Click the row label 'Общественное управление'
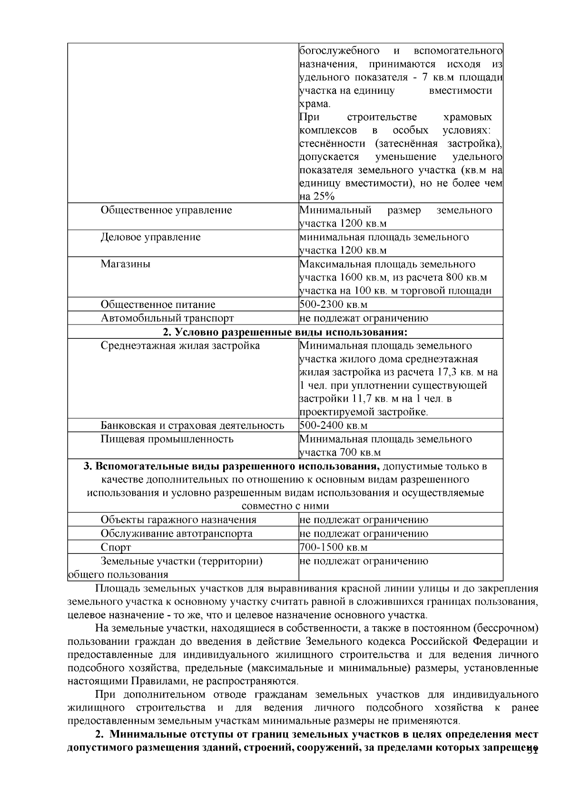coord(166,210)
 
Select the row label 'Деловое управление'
coord(150,237)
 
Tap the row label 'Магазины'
coord(125,265)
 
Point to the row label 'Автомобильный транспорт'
coord(167,318)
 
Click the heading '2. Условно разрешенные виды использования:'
coord(285,332)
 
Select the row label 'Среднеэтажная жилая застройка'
coord(180,345)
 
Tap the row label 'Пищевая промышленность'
coord(167,439)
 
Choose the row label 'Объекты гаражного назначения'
coord(178,520)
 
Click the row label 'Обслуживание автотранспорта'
coord(177,533)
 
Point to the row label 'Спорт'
coord(116,547)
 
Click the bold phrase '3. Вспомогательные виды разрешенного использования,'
coord(232,466)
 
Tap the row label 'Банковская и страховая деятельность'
coord(192,425)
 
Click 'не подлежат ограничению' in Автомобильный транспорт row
coord(364,318)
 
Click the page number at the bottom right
coord(532,752)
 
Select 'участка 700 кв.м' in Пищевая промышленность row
coord(340,453)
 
